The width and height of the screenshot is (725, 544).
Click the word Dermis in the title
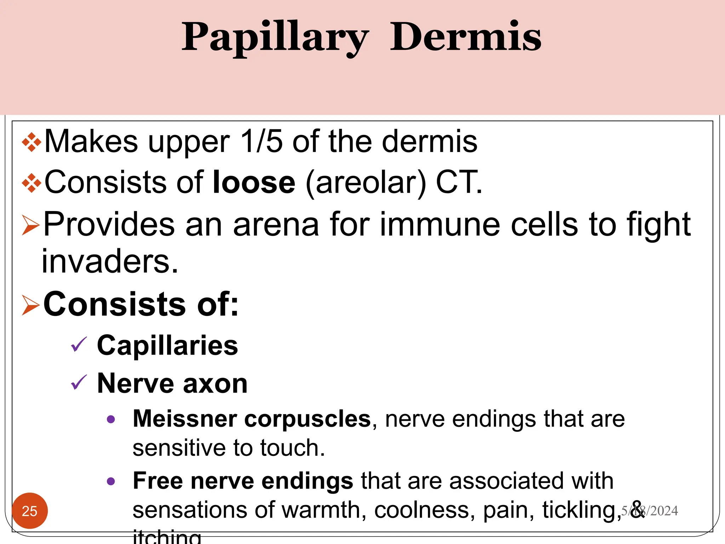pos(465,37)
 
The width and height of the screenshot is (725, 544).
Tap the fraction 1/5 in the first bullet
pos(261,142)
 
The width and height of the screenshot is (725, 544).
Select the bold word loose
pos(254,182)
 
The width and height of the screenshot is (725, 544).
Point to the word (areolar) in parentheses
pos(365,183)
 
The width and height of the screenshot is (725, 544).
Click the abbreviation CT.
pos(459,182)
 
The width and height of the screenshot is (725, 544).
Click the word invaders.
pos(110,262)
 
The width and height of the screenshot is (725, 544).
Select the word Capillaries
pos(167,346)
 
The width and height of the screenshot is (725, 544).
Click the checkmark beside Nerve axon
pos(79,383)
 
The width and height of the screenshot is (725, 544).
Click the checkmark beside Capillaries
pos(79,345)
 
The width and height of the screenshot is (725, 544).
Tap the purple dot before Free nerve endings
pos(111,481)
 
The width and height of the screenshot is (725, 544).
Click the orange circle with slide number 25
pos(30,511)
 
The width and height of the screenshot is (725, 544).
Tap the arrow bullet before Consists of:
pos(30,305)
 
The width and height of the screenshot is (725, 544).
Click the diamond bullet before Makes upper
pos(31,142)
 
